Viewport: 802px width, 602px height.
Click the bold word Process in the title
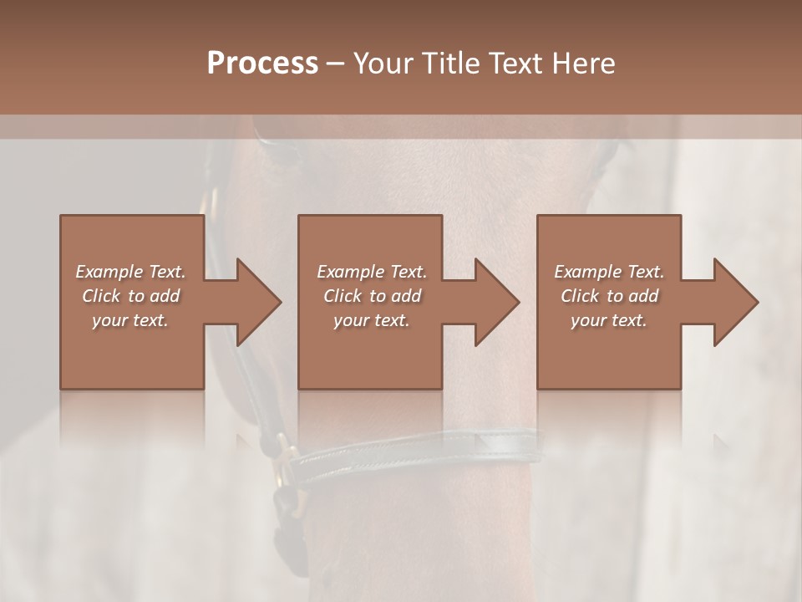click(262, 64)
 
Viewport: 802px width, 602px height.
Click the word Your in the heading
click(383, 64)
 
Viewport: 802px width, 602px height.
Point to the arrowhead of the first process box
click(260, 302)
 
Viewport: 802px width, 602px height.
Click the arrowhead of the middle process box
click(498, 302)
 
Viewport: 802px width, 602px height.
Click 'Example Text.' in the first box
click(130, 272)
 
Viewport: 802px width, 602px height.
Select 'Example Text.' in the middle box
click(372, 272)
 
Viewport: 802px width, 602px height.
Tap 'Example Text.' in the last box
click(609, 272)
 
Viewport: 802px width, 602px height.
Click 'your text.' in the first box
click(130, 320)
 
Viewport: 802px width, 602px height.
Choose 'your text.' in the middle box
click(372, 320)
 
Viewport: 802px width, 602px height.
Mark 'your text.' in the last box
click(609, 320)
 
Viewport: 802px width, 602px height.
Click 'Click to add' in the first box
click(130, 296)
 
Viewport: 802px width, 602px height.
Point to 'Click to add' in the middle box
click(372, 296)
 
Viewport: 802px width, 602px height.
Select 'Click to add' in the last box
click(609, 296)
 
